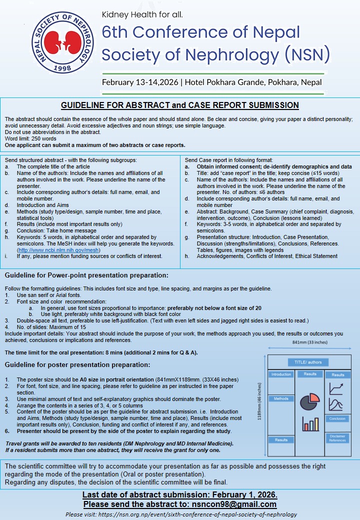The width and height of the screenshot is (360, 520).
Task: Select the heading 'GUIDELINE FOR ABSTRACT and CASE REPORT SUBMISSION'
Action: pyautogui.click(x=179, y=105)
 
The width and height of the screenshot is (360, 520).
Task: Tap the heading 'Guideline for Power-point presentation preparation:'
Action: pyautogui.click(x=86, y=275)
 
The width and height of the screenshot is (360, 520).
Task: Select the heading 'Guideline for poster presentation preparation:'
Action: pyautogui.click(x=77, y=365)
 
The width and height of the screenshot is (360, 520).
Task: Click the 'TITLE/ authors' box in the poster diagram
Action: pyautogui.click(x=307, y=362)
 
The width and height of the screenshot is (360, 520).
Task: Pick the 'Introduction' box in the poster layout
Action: pyautogui.click(x=281, y=374)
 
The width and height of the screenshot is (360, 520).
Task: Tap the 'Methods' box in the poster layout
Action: pyautogui.click(x=281, y=399)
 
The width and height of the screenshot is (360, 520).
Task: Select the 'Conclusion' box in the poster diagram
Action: pyautogui.click(x=337, y=418)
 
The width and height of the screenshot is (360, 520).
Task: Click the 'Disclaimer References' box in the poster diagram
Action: pyautogui.click(x=337, y=438)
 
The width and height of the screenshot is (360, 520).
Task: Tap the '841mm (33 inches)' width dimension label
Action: pyautogui.click(x=309, y=342)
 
